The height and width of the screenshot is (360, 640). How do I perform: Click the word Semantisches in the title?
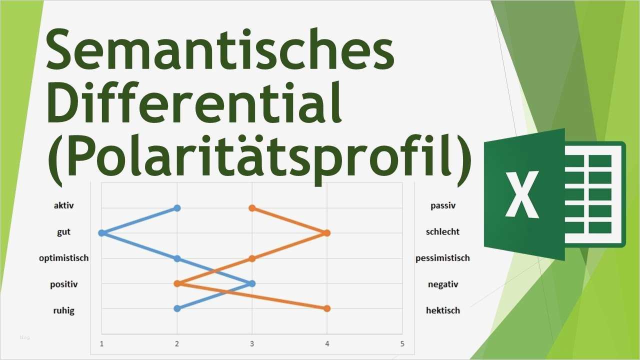coord(220,49)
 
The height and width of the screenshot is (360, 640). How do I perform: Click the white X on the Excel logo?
coord(521,194)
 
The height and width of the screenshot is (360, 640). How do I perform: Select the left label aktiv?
coord(63,205)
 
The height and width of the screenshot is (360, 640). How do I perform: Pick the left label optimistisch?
coord(63,258)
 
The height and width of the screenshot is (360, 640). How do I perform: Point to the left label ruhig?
coord(63,310)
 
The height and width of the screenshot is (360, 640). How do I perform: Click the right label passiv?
coord(443,205)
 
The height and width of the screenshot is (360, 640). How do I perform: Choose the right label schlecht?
coord(442,231)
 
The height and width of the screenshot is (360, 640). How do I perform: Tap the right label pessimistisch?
coord(442,258)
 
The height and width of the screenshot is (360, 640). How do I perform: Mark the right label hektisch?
coord(443,310)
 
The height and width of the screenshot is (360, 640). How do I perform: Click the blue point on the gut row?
coord(102,233)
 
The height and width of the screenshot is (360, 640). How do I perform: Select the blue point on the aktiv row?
coord(177,208)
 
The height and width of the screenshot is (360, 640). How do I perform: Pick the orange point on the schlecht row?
coord(327,233)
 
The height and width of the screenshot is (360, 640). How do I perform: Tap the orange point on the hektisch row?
coord(327,308)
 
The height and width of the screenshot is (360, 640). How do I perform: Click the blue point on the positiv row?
coord(252,283)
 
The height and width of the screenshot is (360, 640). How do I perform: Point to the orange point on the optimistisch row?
coord(252,258)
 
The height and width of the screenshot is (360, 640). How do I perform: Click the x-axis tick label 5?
coord(402,343)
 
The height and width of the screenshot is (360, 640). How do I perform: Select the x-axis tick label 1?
coord(101,343)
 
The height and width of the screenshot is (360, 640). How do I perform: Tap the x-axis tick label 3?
coord(252,343)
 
